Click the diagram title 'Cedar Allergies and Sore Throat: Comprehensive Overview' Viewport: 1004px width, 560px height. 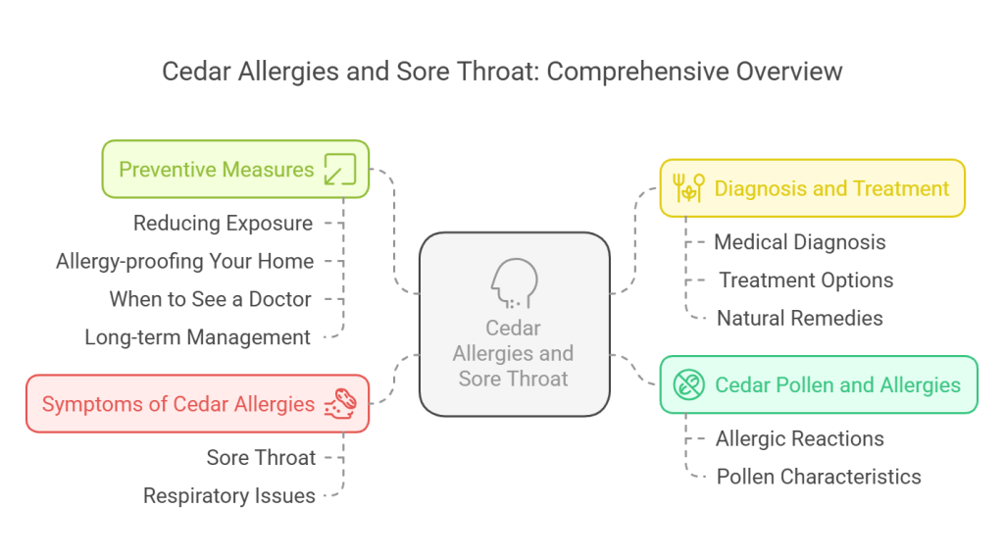[x=502, y=72]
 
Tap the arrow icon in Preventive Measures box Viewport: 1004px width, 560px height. [x=340, y=169]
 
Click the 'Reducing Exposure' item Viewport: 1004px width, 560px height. [x=223, y=224]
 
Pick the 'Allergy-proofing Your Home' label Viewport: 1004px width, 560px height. [x=185, y=261]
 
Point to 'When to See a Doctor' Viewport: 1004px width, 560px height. [x=210, y=299]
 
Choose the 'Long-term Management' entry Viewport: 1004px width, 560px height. [x=197, y=337]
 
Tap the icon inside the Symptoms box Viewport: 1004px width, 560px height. [x=341, y=403]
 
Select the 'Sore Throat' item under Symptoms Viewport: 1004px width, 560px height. [x=261, y=457]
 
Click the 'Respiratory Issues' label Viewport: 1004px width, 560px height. [x=229, y=496]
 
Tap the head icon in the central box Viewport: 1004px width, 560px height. [x=514, y=283]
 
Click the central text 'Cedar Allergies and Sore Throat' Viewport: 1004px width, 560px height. [x=514, y=353]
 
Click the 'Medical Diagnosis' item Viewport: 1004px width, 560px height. [x=800, y=242]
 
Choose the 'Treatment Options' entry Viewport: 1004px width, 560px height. [x=806, y=280]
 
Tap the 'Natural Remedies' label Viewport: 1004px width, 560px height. [x=800, y=318]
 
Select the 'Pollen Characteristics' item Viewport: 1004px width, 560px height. [x=819, y=477]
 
